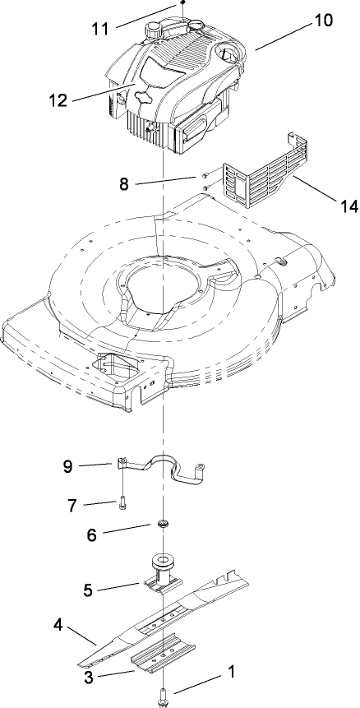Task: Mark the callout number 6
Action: pyautogui.click(x=93, y=534)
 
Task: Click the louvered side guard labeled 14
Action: pyautogui.click(x=256, y=176)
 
